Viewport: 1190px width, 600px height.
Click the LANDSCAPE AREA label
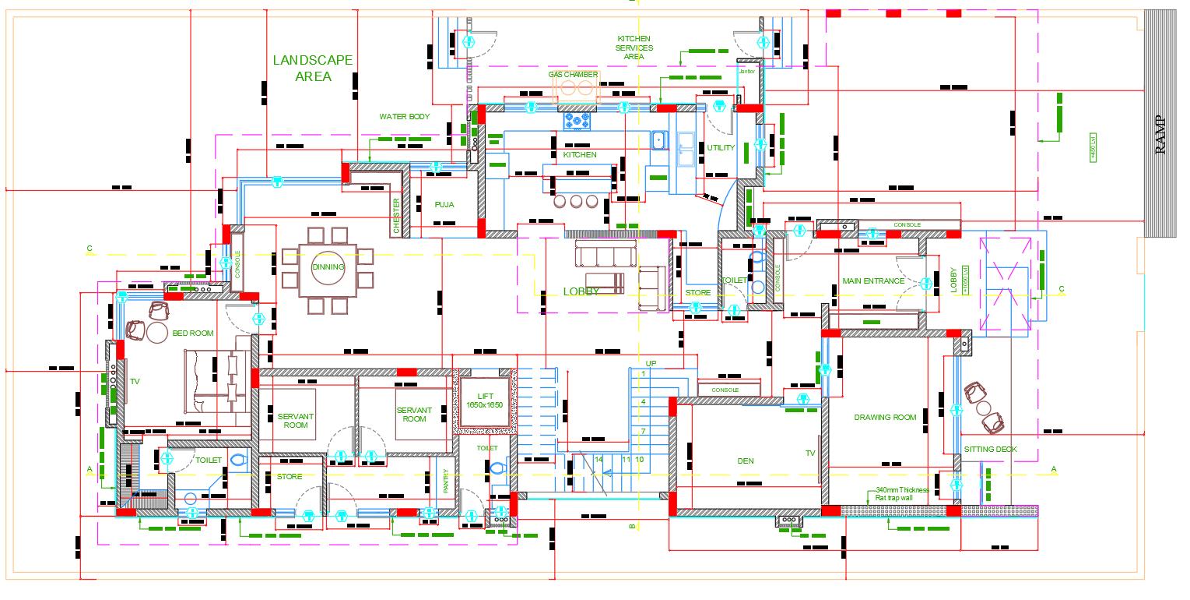click(313, 68)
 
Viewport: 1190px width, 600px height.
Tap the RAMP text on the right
click(1160, 135)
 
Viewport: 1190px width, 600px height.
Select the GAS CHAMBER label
click(573, 74)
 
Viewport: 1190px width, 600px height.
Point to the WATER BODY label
click(405, 117)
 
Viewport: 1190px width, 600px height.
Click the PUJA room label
click(444, 204)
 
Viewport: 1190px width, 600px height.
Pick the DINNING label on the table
click(328, 267)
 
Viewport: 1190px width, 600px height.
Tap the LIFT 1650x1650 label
click(485, 401)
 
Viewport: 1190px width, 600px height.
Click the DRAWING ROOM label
click(885, 418)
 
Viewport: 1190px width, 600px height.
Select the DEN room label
click(746, 461)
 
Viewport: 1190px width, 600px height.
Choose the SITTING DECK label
click(990, 450)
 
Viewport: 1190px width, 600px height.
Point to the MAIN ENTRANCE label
click(873, 281)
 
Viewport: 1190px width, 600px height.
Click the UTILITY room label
click(721, 148)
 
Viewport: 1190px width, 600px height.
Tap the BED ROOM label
click(192, 334)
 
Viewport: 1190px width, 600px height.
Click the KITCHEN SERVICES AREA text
click(634, 48)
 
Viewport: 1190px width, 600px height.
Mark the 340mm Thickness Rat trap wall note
click(902, 493)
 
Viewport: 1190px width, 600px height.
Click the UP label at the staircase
click(651, 363)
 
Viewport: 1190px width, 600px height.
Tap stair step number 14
click(599, 460)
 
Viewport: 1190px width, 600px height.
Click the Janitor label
click(747, 72)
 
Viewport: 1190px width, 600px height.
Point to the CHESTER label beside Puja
click(397, 216)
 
